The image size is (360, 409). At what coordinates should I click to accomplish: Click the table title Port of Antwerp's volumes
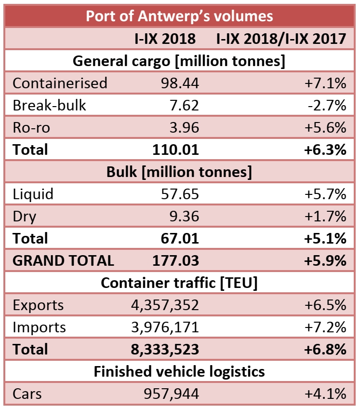click(x=179, y=16)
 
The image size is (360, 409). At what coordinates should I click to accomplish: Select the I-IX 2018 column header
click(x=165, y=39)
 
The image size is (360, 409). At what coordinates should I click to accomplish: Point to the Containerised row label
click(x=60, y=83)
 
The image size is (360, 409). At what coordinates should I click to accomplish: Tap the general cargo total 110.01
click(x=175, y=150)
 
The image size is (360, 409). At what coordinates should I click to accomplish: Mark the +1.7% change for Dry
click(x=325, y=216)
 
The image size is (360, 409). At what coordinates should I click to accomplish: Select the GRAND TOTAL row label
click(x=63, y=260)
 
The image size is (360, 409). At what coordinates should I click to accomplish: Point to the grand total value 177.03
click(x=175, y=260)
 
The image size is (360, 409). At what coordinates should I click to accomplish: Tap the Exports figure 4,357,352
click(x=164, y=305)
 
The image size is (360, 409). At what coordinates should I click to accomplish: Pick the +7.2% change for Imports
click(x=325, y=327)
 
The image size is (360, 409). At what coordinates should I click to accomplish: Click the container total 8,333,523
click(x=164, y=349)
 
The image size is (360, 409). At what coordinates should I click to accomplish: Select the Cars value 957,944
click(x=171, y=394)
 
